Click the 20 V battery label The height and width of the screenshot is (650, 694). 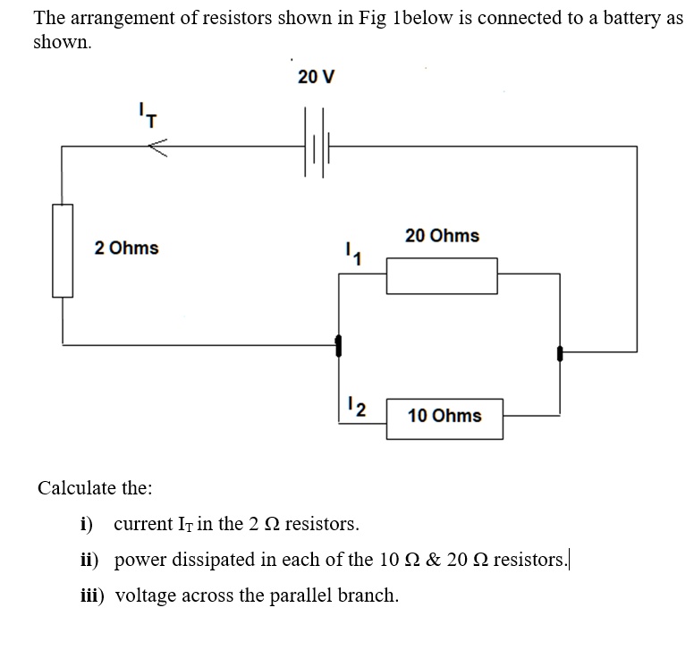(316, 77)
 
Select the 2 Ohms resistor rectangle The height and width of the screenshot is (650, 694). (62, 249)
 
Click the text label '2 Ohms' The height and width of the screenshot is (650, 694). (126, 248)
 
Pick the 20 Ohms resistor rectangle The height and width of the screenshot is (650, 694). (441, 275)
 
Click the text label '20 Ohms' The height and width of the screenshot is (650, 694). (442, 236)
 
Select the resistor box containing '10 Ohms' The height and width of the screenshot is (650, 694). (444, 416)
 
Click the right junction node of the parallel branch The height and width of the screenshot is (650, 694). (560, 352)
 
